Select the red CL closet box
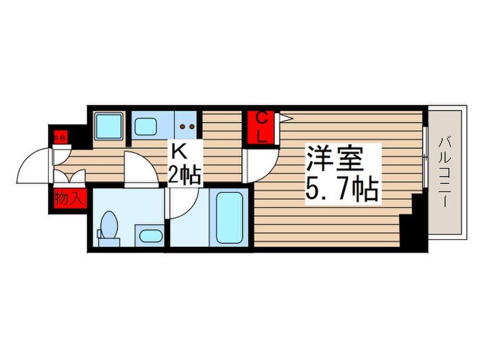[262, 128]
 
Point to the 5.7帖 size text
[341, 188]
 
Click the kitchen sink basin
[146, 125]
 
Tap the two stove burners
[187, 126]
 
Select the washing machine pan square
[106, 125]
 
